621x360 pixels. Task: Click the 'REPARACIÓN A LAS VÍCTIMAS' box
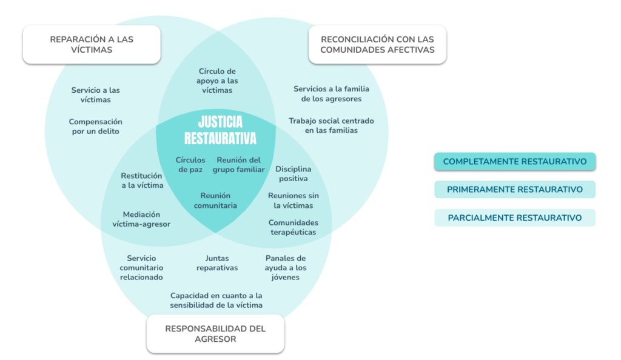coord(92,44)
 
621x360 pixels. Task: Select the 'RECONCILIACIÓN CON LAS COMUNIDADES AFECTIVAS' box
coord(377,44)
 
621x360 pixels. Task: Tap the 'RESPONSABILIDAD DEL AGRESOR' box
coord(215,333)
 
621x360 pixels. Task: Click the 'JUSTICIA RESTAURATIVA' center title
coord(220,130)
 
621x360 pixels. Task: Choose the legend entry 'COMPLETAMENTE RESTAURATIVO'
coord(515,162)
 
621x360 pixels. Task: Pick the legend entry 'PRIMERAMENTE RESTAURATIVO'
coord(515,190)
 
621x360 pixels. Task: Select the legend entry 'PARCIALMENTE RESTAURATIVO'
coord(515,218)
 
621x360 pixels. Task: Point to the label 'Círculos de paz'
coord(190,165)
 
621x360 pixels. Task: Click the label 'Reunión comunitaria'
coord(215,200)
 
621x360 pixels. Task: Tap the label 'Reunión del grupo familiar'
coord(239,165)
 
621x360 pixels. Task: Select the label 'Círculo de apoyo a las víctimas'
coord(217,81)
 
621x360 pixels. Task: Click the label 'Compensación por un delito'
coord(95,126)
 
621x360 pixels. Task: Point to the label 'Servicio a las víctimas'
coord(95,95)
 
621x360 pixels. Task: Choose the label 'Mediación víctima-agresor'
coord(141,219)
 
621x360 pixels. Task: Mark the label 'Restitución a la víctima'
coord(142,181)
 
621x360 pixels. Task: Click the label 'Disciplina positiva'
coord(294,173)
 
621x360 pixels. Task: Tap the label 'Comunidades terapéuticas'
coord(294,227)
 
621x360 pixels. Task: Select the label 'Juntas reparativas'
coord(217,263)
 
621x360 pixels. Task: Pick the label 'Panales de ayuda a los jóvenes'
coord(286,267)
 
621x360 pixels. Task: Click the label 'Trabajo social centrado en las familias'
coord(331,125)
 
